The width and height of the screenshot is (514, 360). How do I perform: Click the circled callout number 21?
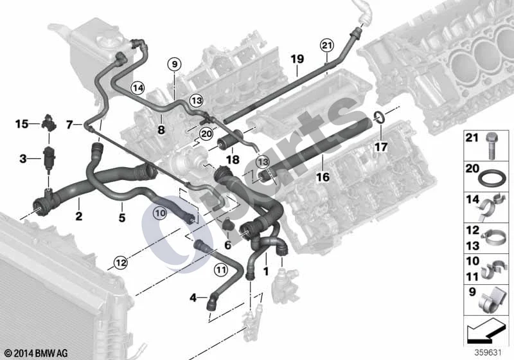coord(327,46)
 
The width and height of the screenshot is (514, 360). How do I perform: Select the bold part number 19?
coord(297,59)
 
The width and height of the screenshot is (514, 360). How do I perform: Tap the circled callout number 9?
coord(174,64)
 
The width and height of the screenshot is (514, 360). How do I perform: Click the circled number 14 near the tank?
coord(138,88)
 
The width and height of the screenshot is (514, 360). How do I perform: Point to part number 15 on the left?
coord(22,124)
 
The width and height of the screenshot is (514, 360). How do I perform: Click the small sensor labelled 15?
coord(49,122)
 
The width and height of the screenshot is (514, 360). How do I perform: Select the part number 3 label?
coord(22,159)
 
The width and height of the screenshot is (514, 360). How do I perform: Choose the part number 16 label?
coord(323,177)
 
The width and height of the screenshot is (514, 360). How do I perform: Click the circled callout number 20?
coord(206,134)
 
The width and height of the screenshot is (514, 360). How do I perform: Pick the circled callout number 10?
coord(160,213)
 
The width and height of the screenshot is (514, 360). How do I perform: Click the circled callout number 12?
coord(121,263)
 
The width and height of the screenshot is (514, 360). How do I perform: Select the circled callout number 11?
coord(220,270)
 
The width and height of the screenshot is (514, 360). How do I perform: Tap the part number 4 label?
coord(193,298)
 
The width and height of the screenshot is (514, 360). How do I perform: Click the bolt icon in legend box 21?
coord(490,145)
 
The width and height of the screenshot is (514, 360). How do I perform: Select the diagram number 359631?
coord(488,353)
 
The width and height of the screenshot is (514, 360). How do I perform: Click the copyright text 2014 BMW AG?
coord(36,353)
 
